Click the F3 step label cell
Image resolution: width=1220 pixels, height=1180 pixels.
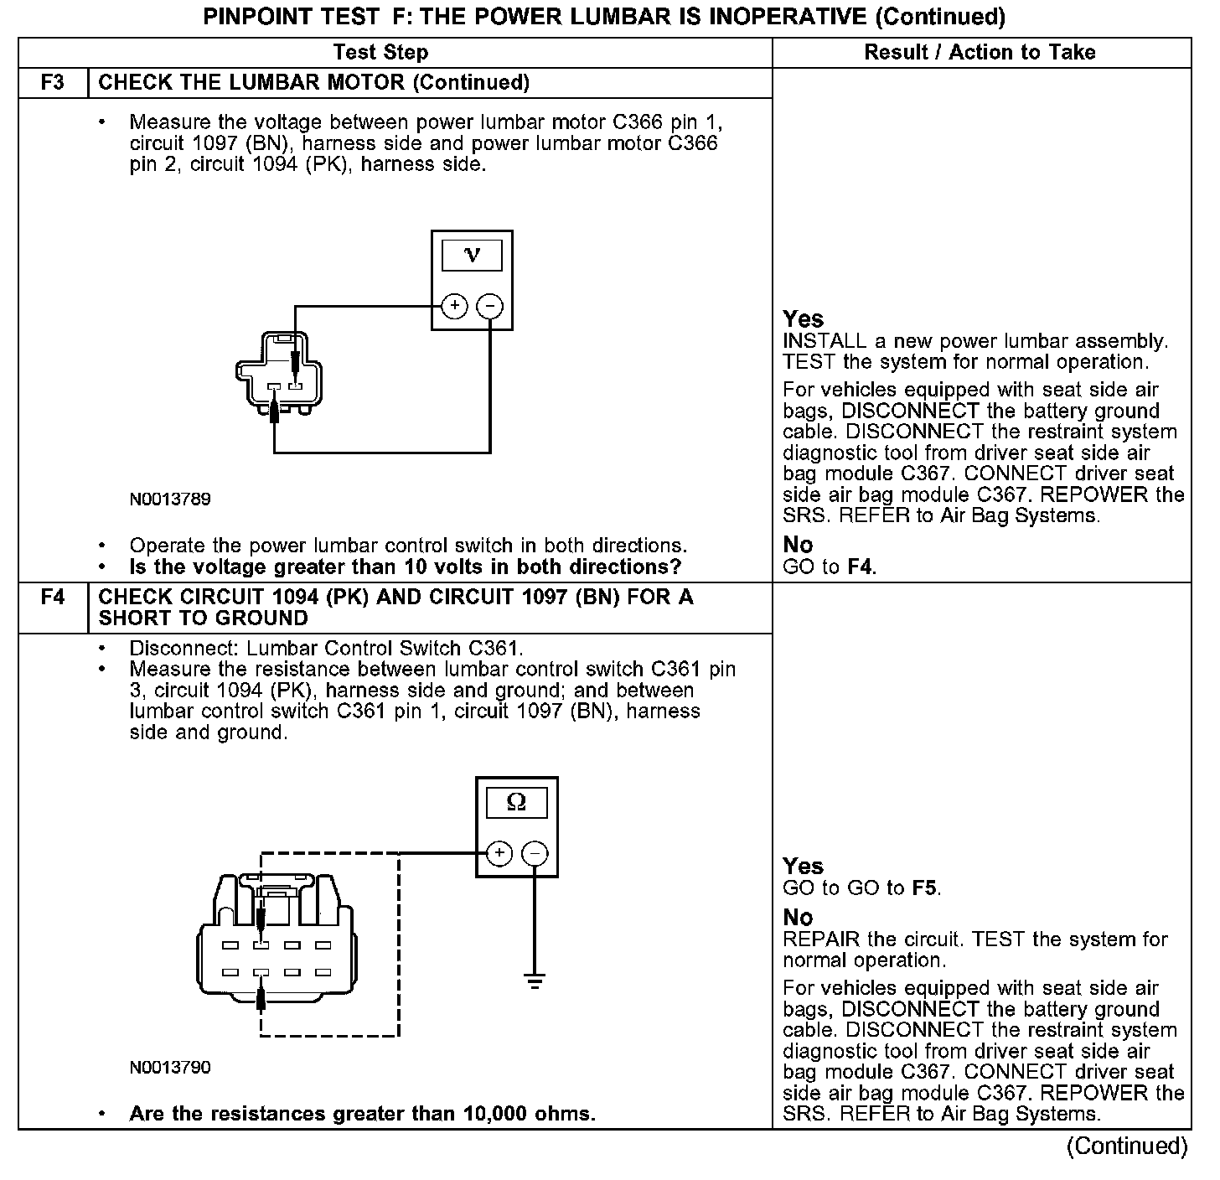(52, 83)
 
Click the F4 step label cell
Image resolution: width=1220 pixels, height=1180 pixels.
(52, 598)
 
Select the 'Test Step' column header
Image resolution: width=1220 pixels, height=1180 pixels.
(380, 53)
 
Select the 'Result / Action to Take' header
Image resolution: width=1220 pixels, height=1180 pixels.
(980, 53)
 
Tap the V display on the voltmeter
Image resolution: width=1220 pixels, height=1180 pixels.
(472, 256)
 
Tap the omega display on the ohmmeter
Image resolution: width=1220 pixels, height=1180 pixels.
(517, 803)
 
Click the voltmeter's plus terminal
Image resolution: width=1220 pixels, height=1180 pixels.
(454, 306)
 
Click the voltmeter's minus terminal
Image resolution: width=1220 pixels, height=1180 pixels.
(490, 306)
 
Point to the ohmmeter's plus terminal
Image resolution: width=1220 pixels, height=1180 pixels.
(499, 854)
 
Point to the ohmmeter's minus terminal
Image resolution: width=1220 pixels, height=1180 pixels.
(535, 854)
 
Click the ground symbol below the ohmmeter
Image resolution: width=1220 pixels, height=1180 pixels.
(535, 979)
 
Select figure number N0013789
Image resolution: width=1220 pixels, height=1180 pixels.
(170, 499)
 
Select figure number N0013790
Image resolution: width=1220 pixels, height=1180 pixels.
(170, 1068)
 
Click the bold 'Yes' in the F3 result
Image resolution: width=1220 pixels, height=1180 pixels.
(803, 319)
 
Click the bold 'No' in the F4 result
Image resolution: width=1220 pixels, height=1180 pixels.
(798, 918)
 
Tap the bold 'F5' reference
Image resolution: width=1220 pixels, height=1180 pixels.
(924, 888)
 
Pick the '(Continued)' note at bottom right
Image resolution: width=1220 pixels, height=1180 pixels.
(1127, 1146)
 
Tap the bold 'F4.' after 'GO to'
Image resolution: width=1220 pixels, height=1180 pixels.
(861, 567)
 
